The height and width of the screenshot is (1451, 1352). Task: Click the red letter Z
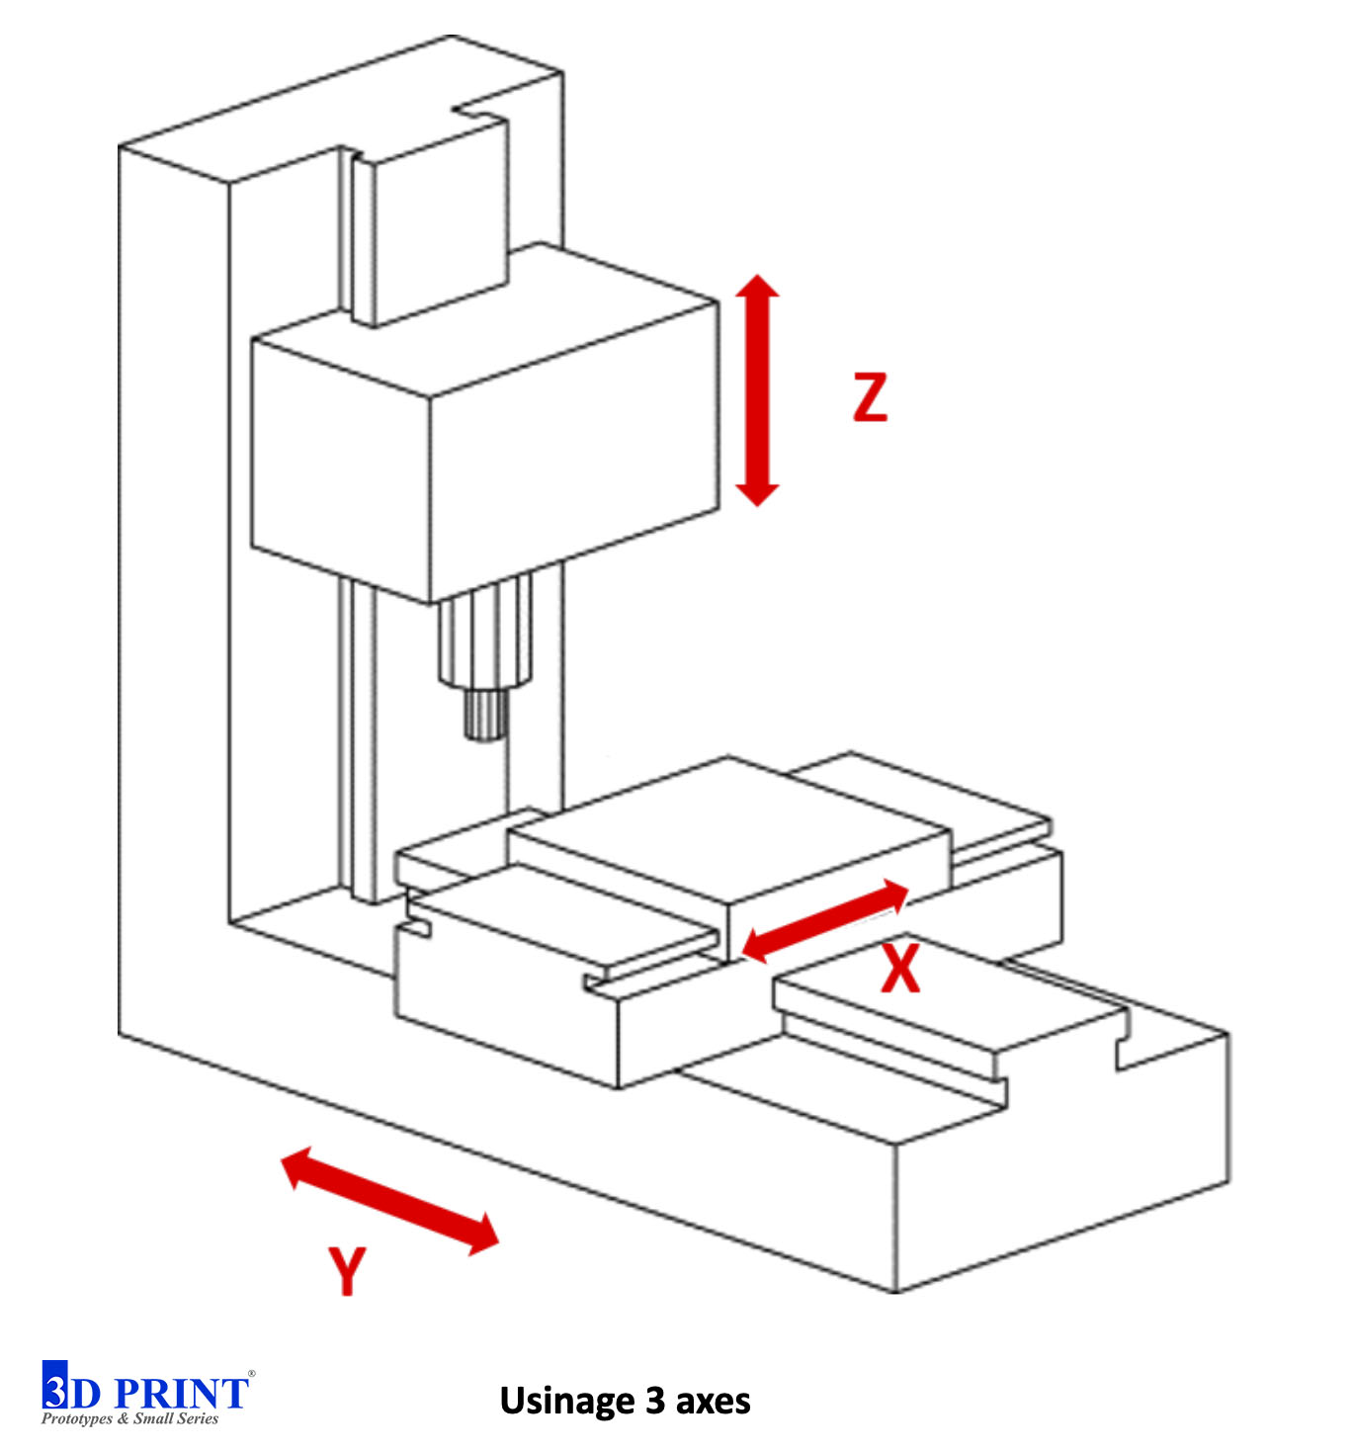pyautogui.click(x=870, y=397)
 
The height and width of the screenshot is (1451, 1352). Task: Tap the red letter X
pyautogui.click(x=900, y=969)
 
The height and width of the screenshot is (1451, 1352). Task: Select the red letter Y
pyautogui.click(x=347, y=1270)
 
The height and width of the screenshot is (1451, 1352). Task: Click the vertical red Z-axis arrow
pyautogui.click(x=758, y=390)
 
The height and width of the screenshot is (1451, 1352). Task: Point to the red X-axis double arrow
pyautogui.click(x=824, y=921)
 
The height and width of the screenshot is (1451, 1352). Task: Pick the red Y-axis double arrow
pyautogui.click(x=390, y=1200)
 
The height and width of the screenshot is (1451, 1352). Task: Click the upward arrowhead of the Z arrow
pyautogui.click(x=758, y=288)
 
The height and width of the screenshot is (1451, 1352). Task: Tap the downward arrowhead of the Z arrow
pyautogui.click(x=758, y=493)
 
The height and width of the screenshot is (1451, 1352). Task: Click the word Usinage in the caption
pyautogui.click(x=567, y=1401)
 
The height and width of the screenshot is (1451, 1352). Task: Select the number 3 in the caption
pyautogui.click(x=655, y=1401)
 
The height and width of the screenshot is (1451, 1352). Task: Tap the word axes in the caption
pyautogui.click(x=713, y=1401)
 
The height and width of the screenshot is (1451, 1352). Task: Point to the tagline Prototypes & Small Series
pyautogui.click(x=129, y=1419)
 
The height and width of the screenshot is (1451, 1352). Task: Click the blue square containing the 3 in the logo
pyautogui.click(x=55, y=1386)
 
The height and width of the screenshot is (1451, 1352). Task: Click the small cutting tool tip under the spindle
pyautogui.click(x=485, y=716)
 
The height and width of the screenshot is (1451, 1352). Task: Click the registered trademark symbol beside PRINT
pyautogui.click(x=252, y=1374)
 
